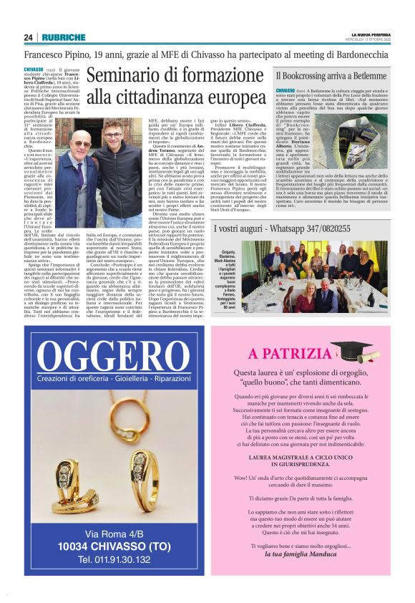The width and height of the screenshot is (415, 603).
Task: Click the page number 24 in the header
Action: tap(28, 37)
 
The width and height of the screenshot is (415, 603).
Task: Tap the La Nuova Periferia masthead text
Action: tap(370, 34)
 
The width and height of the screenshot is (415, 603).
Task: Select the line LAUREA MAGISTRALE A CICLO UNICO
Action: tap(310, 455)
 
